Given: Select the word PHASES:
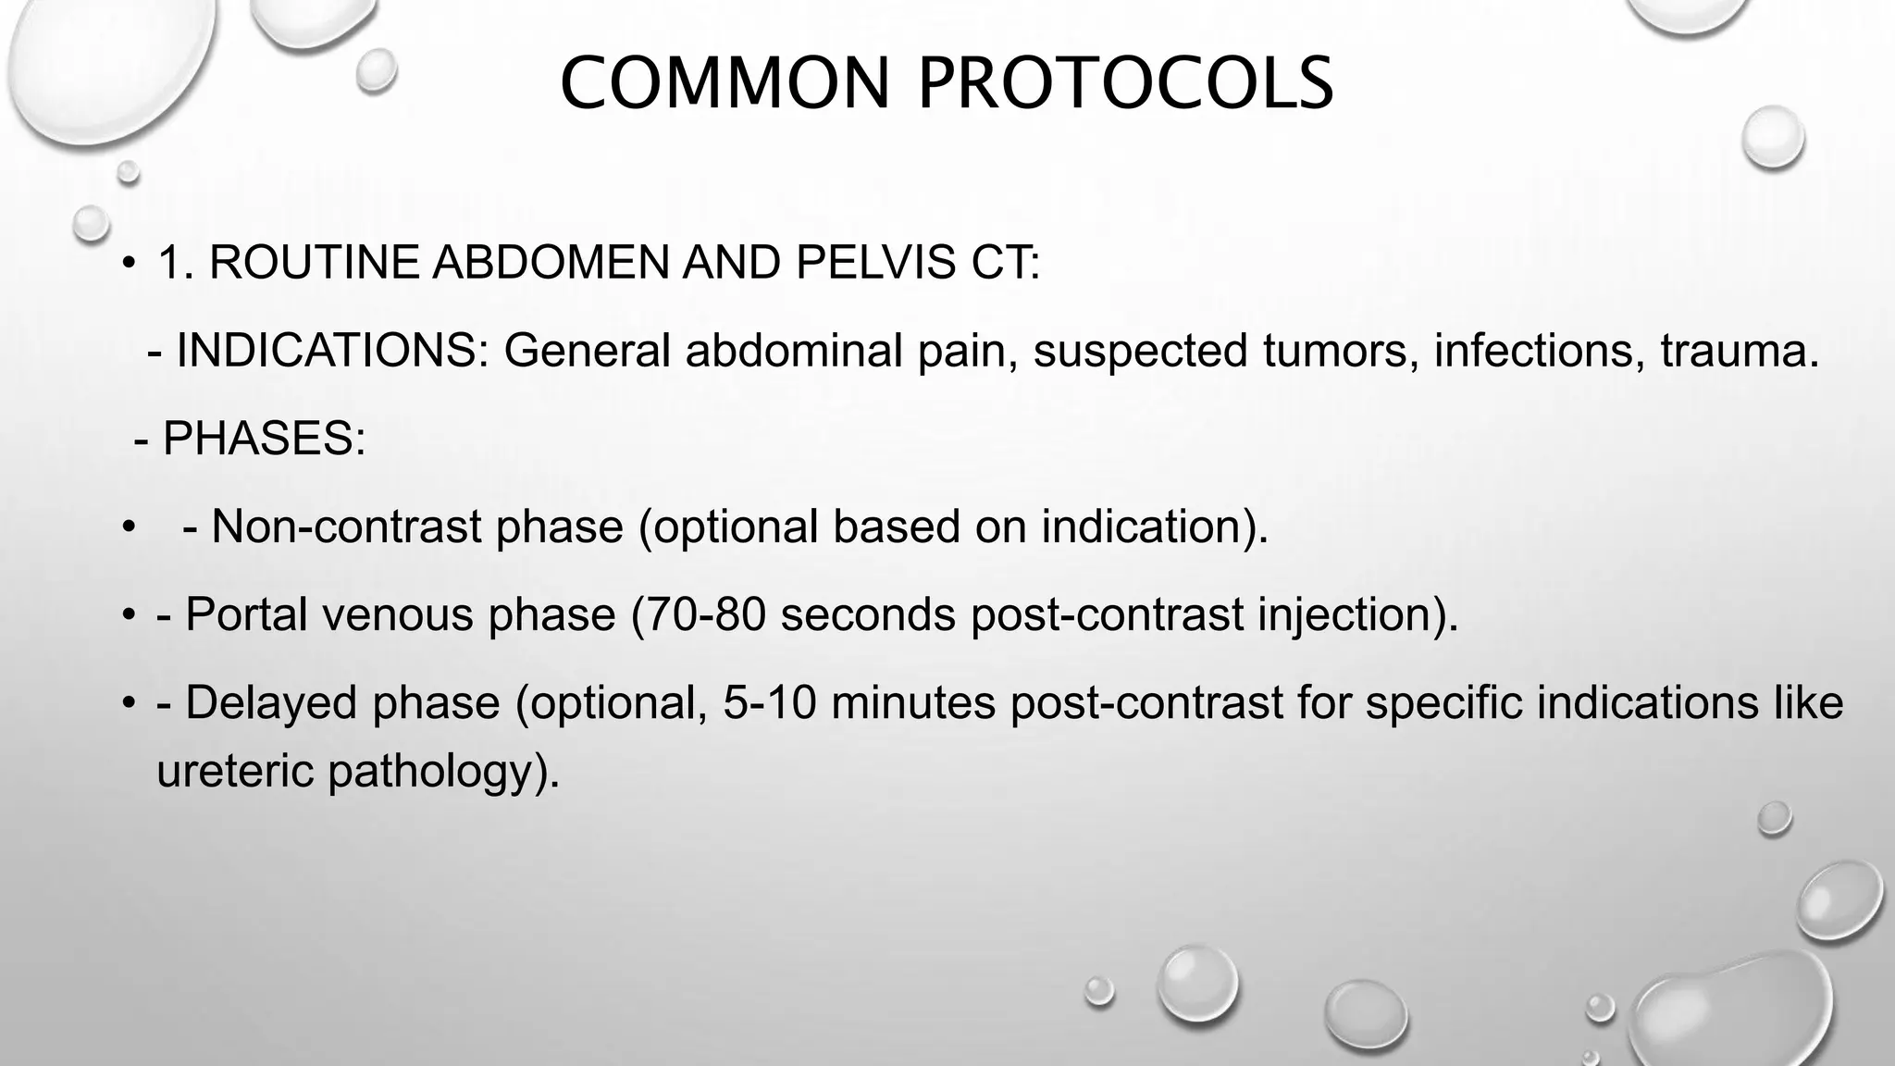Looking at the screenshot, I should (264, 439).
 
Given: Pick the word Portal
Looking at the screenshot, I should (246, 614).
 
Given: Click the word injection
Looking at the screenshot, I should (1356, 614).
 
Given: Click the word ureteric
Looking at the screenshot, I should (235, 771).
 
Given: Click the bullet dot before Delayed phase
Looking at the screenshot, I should (130, 702).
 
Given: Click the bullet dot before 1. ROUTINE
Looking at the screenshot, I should (130, 264).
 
